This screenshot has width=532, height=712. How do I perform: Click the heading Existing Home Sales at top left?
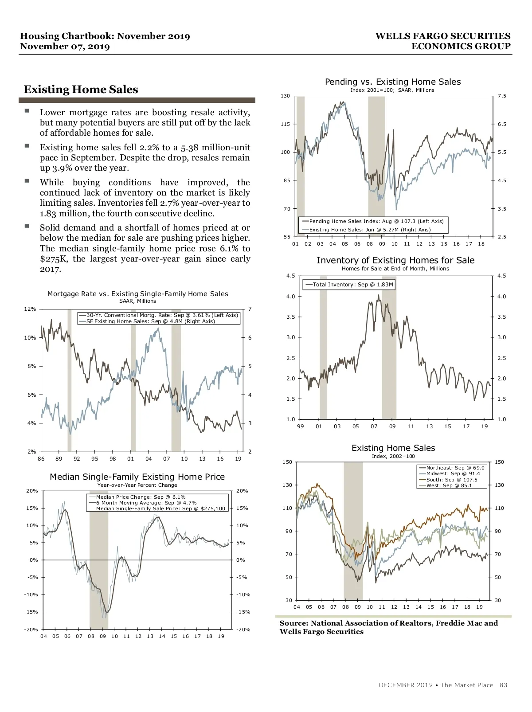pyautogui.click(x=81, y=90)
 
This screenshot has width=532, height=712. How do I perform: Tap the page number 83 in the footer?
pyautogui.click(x=503, y=685)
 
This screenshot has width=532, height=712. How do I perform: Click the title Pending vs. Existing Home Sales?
pyautogui.click(x=393, y=82)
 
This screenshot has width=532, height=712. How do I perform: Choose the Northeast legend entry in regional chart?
pyautogui.click(x=455, y=468)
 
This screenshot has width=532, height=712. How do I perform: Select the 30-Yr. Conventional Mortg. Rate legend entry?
pyautogui.click(x=162, y=315)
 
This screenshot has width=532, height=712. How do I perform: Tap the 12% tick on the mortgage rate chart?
pyautogui.click(x=30, y=309)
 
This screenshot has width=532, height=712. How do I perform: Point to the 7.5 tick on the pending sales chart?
pyautogui.click(x=502, y=96)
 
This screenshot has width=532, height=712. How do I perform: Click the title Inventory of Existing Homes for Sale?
pyautogui.click(x=395, y=261)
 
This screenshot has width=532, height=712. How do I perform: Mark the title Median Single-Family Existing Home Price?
pyautogui.click(x=137, y=477)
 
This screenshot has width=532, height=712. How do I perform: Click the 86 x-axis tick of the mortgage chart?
pyautogui.click(x=41, y=459)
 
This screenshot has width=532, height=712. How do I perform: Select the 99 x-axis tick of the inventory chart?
pyautogui.click(x=301, y=426)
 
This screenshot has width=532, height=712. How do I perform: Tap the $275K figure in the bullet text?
pyautogui.click(x=53, y=259)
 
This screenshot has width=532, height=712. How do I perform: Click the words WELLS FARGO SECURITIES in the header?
pyautogui.click(x=442, y=36)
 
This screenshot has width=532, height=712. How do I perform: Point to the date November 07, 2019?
pyautogui.click(x=65, y=47)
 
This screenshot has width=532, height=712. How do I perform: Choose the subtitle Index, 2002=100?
pyautogui.click(x=393, y=456)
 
